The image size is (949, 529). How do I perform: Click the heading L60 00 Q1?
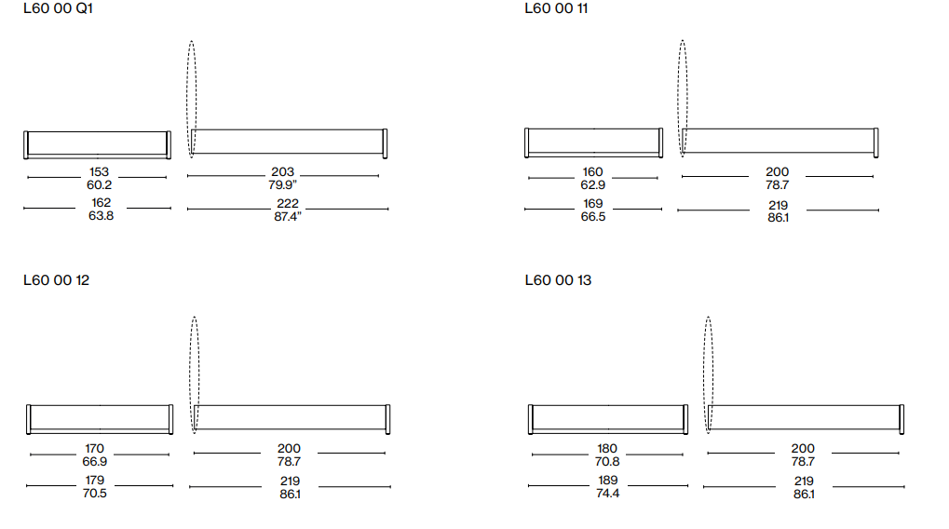click(x=58, y=8)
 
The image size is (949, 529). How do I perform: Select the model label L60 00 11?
click(x=556, y=8)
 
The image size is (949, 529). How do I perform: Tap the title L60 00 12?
click(x=56, y=280)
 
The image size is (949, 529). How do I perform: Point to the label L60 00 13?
click(x=558, y=280)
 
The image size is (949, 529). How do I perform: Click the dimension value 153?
click(x=99, y=172)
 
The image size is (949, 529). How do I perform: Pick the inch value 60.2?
click(x=100, y=184)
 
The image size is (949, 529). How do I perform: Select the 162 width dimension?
click(x=102, y=203)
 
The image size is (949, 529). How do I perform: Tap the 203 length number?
click(x=282, y=172)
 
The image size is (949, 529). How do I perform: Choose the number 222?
click(x=288, y=203)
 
